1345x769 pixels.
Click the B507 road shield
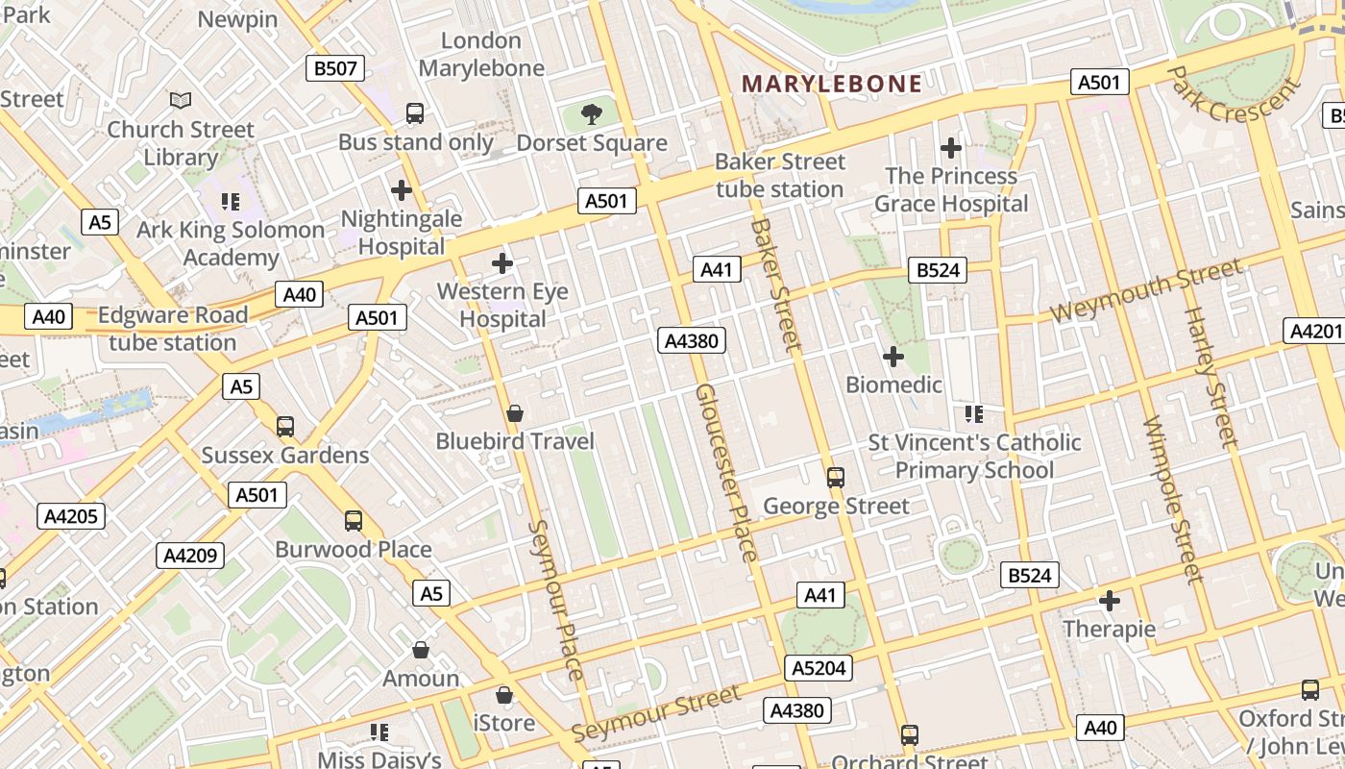click(335, 68)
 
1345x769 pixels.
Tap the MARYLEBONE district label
click(832, 84)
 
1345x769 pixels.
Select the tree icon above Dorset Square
click(592, 115)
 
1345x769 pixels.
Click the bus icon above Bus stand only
click(415, 113)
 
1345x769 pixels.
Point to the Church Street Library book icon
click(181, 100)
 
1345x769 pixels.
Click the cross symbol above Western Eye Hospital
click(501, 262)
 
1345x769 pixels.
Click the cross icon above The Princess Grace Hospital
click(950, 148)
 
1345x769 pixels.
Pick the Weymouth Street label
click(1145, 292)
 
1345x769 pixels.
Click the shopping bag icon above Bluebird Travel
click(515, 413)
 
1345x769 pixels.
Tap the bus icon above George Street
click(836, 477)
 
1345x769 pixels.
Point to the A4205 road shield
click(71, 516)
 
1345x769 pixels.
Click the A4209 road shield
click(190, 555)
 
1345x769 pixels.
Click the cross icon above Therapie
click(1110, 602)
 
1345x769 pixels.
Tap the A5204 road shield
click(819, 668)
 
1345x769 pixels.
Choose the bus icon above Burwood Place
click(354, 521)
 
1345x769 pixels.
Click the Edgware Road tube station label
click(173, 329)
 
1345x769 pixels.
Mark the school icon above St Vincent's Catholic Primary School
click(973, 414)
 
